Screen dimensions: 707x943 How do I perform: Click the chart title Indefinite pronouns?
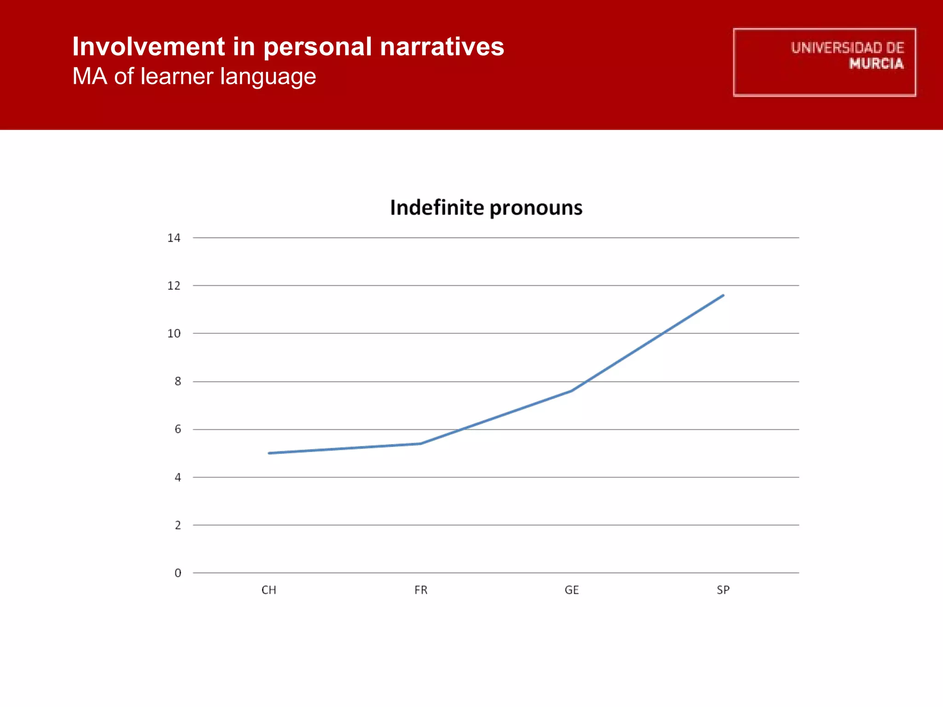point(486,208)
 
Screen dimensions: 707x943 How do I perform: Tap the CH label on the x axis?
point(269,590)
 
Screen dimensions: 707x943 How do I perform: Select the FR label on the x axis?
point(421,590)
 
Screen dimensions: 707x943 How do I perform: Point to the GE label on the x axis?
point(572,590)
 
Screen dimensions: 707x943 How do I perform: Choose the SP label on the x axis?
point(723,590)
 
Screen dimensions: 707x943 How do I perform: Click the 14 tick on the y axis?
point(174,238)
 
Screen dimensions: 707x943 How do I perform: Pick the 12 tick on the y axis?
point(174,286)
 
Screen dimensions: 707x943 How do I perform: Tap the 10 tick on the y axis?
point(174,334)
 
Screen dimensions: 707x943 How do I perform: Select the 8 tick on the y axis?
point(177,382)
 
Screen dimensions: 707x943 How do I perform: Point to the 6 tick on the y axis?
point(177,429)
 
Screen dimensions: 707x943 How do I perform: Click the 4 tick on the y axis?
point(177,478)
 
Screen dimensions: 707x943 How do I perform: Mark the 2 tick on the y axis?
point(177,525)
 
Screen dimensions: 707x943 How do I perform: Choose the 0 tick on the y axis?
point(177,573)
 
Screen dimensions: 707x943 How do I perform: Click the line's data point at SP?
point(723,296)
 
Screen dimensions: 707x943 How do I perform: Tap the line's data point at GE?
point(571,391)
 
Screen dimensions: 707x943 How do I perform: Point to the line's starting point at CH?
point(269,453)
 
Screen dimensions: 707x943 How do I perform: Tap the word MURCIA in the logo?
point(876,64)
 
